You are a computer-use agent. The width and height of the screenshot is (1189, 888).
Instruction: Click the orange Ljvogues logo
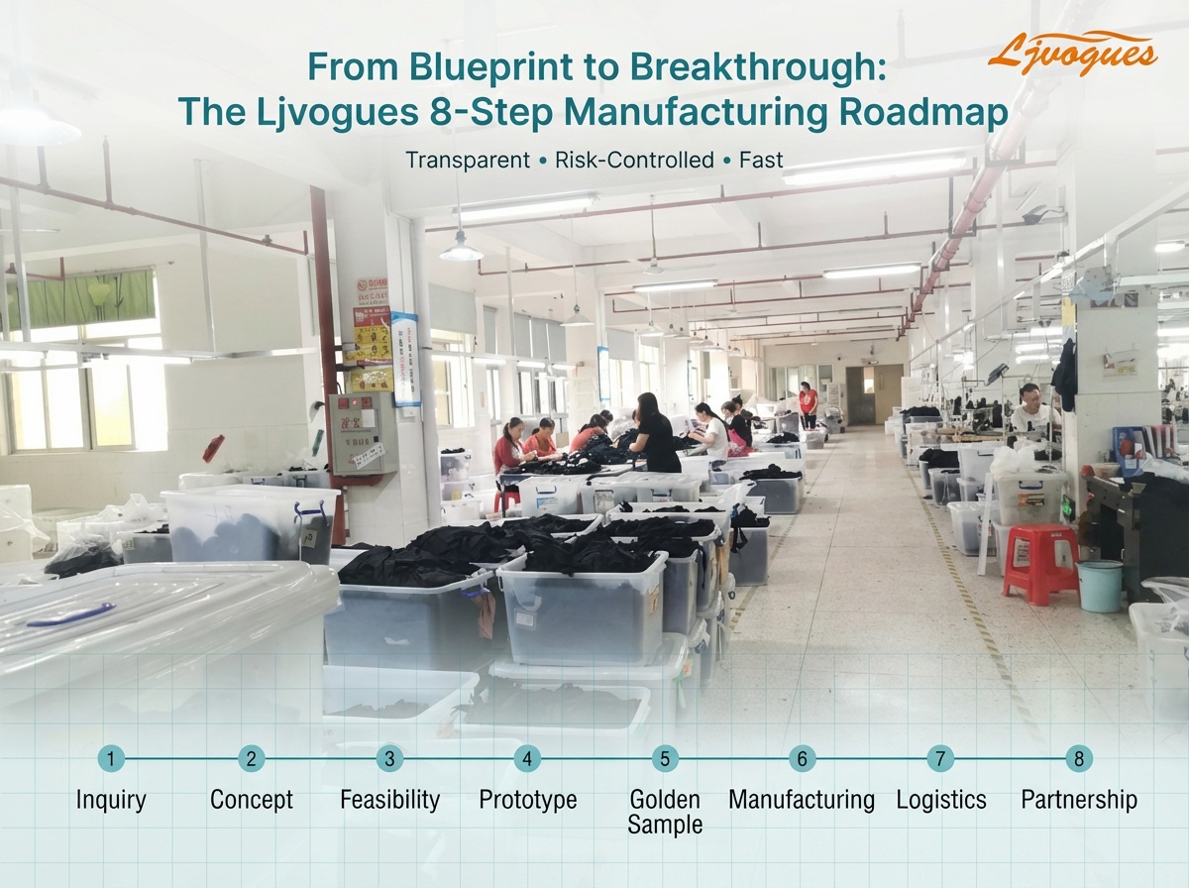1072,54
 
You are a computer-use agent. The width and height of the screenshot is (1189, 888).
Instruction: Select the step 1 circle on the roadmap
111,759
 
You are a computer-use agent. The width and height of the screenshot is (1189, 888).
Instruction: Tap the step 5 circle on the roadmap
665,759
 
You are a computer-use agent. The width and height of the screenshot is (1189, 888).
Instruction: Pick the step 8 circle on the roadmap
1079,759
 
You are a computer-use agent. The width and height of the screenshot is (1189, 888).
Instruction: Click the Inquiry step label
111,800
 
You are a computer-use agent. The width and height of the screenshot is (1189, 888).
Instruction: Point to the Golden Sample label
665,812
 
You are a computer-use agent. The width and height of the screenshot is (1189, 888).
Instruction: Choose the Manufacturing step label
802,800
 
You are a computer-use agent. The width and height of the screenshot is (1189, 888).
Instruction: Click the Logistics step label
940,800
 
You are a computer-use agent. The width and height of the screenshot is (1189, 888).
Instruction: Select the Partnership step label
1079,800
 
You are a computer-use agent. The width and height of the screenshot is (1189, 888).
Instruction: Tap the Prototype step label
527,800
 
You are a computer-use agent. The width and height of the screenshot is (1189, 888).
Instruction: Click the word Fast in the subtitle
761,160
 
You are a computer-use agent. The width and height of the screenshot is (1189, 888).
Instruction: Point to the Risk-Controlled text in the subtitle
634,160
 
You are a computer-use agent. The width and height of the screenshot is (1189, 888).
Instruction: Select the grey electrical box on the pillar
363,433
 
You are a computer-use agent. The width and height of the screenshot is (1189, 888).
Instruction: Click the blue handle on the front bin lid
69,613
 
